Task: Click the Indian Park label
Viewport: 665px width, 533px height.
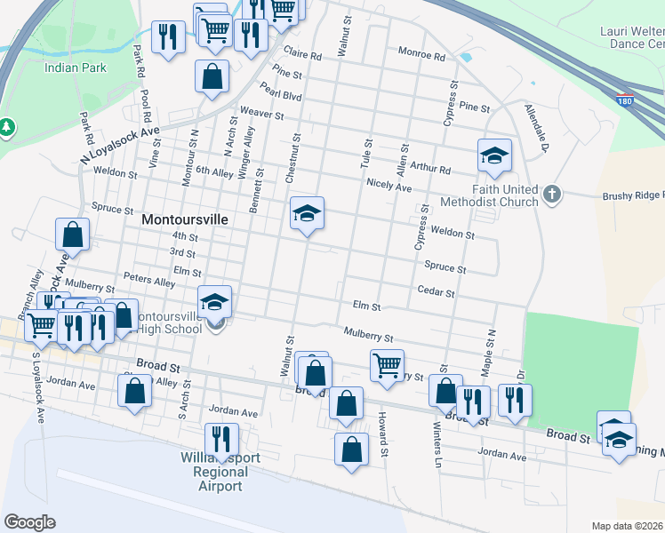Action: (x=76, y=67)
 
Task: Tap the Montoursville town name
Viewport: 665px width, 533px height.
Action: (x=185, y=218)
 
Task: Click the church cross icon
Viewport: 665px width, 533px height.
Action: (x=552, y=194)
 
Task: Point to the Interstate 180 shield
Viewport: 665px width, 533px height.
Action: (x=626, y=100)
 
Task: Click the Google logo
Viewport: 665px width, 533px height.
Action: (x=29, y=522)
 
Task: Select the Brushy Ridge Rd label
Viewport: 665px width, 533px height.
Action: (x=633, y=195)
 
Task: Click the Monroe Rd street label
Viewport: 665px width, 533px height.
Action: (x=421, y=55)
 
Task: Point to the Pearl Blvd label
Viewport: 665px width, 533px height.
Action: (x=281, y=92)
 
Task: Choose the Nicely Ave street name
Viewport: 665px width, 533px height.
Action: (x=389, y=187)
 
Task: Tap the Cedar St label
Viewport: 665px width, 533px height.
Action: (x=436, y=292)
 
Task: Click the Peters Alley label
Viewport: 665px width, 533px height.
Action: (x=149, y=281)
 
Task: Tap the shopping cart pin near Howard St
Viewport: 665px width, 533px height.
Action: (x=387, y=364)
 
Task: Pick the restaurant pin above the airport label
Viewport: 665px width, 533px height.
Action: (x=220, y=440)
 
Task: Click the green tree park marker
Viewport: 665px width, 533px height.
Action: (x=6, y=128)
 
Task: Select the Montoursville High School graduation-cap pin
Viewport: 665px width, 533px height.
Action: (x=214, y=303)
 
